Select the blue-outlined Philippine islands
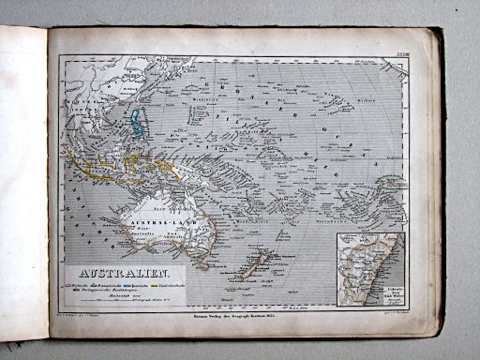tap(138, 122)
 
